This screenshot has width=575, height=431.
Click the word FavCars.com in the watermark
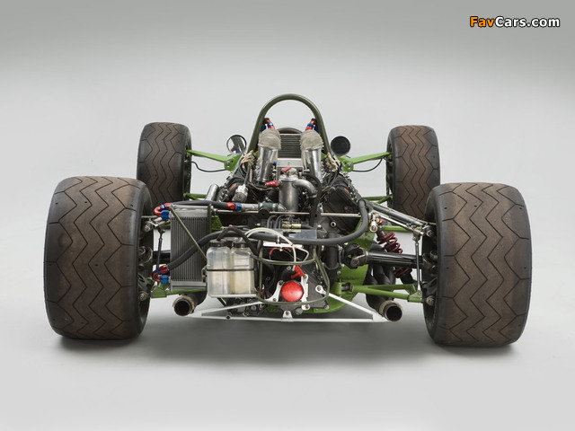pyautogui.click(x=515, y=22)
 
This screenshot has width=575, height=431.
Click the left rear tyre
pyautogui.click(x=97, y=258)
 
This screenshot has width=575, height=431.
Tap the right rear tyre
pyautogui.click(x=477, y=264)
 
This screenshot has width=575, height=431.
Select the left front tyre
pyautogui.click(x=164, y=163)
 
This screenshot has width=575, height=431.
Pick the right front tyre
pyautogui.click(x=413, y=167)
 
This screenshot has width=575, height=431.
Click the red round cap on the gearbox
pyautogui.click(x=292, y=291)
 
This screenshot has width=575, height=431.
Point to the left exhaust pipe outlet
pyautogui.click(x=183, y=305)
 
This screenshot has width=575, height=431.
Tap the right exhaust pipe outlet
pyautogui.click(x=392, y=311)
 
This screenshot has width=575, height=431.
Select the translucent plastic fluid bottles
pyautogui.click(x=231, y=268)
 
